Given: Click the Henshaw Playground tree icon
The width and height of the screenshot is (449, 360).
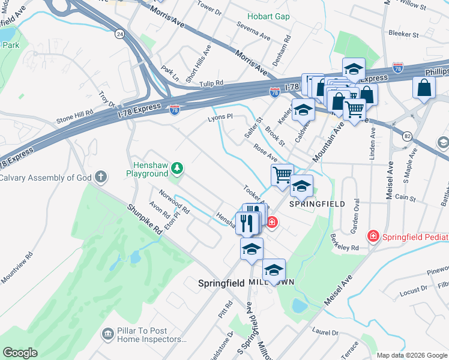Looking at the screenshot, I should tap(177, 166).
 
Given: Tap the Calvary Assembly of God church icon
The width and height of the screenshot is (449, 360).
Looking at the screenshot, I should tap(101, 177).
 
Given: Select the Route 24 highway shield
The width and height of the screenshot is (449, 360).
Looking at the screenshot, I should tap(120, 35).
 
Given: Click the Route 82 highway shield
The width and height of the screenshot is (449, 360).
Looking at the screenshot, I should tap(407, 136).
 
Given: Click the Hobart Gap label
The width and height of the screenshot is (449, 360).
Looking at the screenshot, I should tap(269, 16).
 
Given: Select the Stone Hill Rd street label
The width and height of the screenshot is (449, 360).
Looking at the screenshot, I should tap(75, 112).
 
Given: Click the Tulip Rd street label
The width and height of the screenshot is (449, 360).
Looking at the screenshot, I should tap(211, 83).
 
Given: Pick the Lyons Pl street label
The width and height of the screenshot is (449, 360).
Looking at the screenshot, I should tap(220, 117).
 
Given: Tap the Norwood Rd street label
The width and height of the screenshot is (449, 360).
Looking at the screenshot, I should tap(174, 202).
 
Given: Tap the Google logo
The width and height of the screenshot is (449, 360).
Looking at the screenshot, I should tap(20, 353).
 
